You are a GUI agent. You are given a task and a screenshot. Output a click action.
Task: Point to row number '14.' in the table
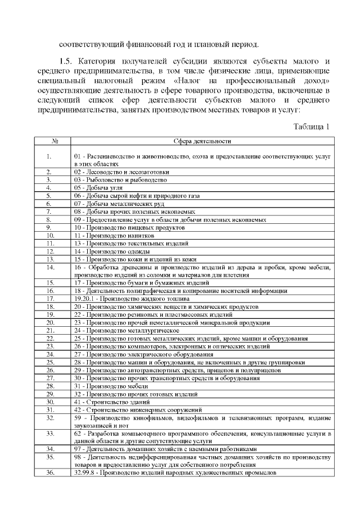click(x=49, y=268)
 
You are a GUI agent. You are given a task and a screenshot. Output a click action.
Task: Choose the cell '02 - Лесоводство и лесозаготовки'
click(x=120, y=172)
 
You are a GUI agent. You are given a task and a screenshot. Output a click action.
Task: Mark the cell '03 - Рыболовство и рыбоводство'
click(x=120, y=179)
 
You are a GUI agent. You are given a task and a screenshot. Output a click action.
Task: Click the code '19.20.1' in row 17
click(x=84, y=299)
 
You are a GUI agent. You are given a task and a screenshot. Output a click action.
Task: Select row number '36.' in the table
click(x=49, y=473)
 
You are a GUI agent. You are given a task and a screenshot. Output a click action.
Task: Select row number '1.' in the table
click(x=49, y=156)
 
